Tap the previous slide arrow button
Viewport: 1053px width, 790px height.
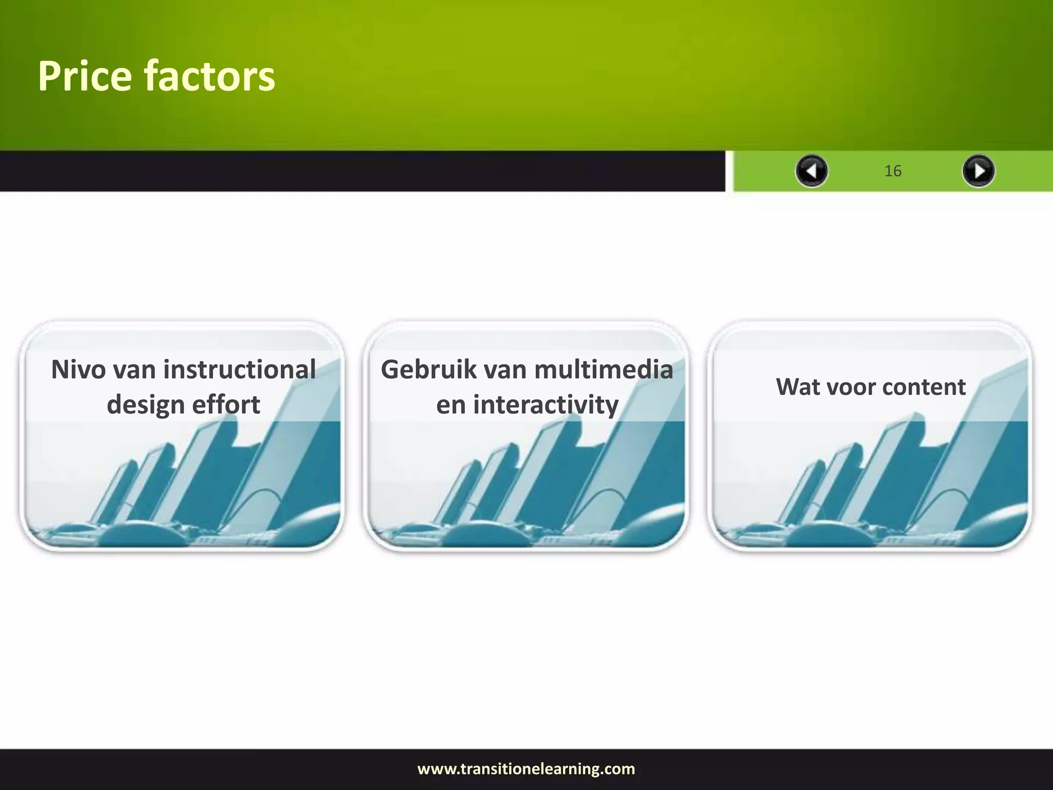[811, 171]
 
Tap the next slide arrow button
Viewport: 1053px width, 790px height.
[978, 171]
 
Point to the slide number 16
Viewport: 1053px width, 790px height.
[893, 171]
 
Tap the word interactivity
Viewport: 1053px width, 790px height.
[546, 404]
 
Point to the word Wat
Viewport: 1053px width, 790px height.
[797, 387]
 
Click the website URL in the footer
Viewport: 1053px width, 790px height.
[526, 769]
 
